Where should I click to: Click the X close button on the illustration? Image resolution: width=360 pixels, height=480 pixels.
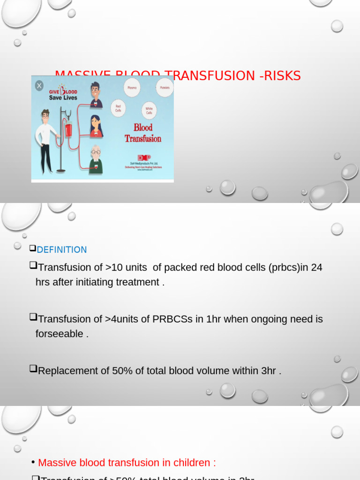click(39, 85)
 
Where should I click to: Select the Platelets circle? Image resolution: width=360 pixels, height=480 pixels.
click(165, 88)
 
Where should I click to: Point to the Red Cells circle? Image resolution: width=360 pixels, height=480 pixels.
click(119, 109)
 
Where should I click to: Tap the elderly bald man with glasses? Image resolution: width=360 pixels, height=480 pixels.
click(96, 159)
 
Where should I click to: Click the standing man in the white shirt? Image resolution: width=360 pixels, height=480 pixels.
click(45, 141)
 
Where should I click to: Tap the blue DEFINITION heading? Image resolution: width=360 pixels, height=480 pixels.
click(62, 250)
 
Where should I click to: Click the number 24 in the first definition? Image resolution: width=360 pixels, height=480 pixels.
click(317, 267)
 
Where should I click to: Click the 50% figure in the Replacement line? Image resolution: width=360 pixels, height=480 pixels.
click(122, 371)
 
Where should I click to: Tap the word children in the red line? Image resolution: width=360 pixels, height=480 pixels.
click(191, 463)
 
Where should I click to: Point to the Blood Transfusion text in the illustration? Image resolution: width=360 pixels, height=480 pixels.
click(143, 133)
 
